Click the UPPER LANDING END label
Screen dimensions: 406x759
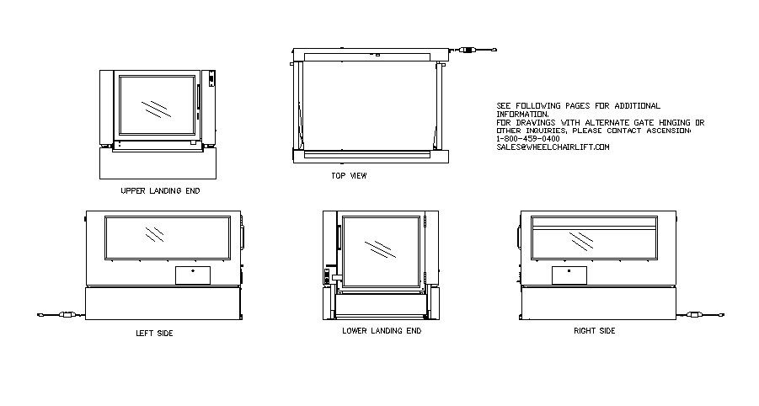pos(160,191)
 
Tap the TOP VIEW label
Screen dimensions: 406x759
pos(349,176)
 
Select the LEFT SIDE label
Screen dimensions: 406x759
pos(154,334)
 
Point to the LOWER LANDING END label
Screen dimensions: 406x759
pos(382,331)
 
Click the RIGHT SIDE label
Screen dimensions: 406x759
pos(594,331)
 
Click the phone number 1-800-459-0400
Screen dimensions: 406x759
pos(527,139)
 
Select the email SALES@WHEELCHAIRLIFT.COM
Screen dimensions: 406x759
pos(553,147)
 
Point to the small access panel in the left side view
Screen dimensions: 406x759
pos(193,274)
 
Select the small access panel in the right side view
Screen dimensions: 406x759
pos(569,275)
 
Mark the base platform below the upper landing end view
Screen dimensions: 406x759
pos(159,163)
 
